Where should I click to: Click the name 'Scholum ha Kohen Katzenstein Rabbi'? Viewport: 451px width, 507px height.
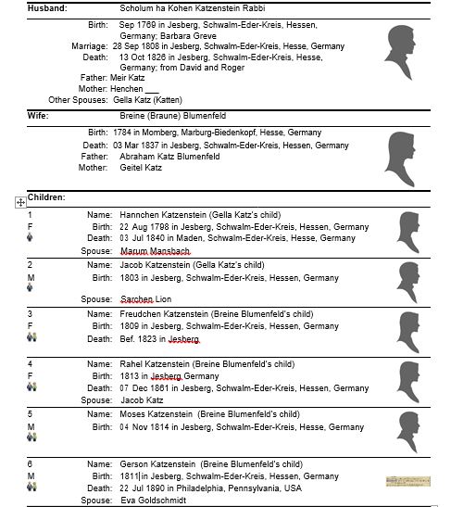point(188,7)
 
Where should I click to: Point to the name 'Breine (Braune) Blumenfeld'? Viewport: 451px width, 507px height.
point(172,116)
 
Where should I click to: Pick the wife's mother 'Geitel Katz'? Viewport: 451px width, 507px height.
point(141,168)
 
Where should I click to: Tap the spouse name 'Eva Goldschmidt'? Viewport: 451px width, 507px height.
point(152,501)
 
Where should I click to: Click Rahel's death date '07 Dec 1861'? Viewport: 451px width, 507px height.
point(145,388)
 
